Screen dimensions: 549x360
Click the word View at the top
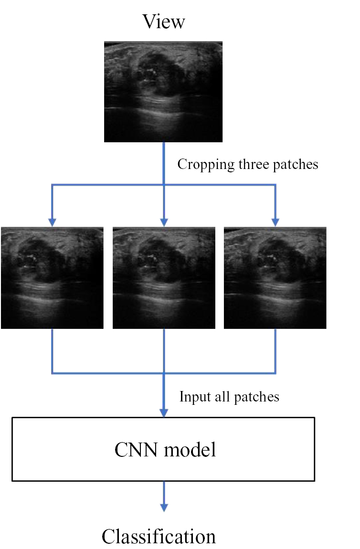tap(163, 22)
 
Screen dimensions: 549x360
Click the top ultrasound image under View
tap(163, 92)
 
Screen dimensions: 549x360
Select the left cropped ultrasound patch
tap(52, 278)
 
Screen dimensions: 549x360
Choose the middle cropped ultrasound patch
tap(164, 278)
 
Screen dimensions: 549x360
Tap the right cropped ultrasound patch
tap(275, 278)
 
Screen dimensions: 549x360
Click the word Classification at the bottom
tap(159, 537)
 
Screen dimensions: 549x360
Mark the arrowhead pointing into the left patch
tap(52, 222)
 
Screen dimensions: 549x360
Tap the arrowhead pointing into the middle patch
tap(164, 222)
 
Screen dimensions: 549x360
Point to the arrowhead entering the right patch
tap(275, 222)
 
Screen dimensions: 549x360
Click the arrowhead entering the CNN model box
tap(164, 412)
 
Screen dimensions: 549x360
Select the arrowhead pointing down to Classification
tap(164, 507)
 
